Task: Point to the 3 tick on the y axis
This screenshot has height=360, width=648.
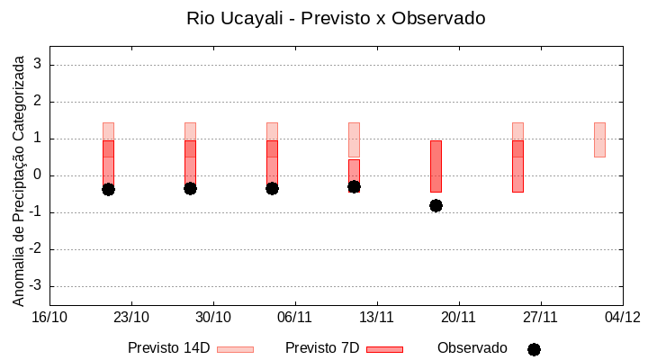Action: coord(38,65)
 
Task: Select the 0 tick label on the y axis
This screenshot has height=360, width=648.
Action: coord(38,175)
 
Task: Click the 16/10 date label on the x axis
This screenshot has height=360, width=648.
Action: coord(49,317)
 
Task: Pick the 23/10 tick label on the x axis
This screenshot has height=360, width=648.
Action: coord(131,317)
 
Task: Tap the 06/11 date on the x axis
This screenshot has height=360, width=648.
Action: coord(295,317)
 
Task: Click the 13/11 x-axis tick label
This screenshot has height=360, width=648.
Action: coord(377,317)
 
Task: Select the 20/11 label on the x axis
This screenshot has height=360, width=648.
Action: coord(459,317)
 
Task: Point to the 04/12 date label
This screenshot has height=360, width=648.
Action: coord(622,317)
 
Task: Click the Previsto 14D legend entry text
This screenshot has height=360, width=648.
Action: coord(168,348)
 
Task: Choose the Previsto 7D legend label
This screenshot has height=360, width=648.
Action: coord(322,348)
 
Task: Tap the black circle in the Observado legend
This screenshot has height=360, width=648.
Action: coord(534,349)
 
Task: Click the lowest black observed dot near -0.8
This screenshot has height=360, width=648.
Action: coord(436,205)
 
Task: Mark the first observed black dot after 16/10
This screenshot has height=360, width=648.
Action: coord(108,189)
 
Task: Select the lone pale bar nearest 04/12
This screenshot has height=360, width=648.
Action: coord(599,139)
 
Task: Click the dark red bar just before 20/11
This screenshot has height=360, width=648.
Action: coord(436,166)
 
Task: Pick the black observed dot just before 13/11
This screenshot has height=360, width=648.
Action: coord(354,186)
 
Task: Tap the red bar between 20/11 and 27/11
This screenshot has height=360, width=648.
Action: coord(517,166)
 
